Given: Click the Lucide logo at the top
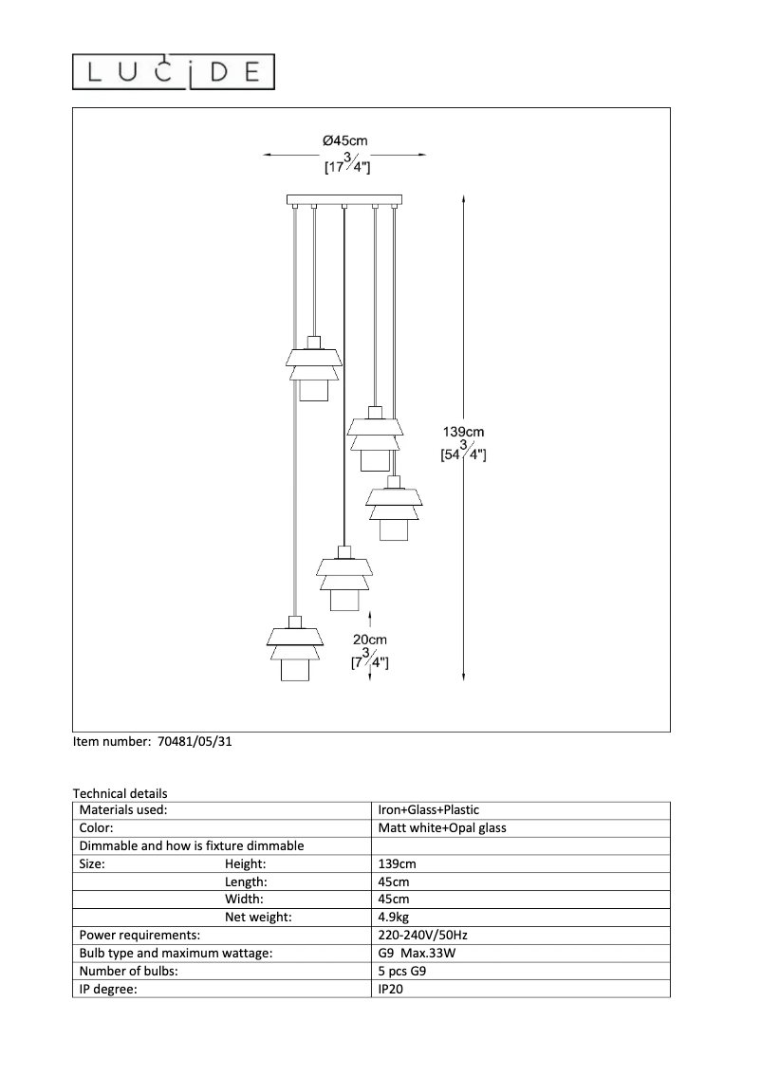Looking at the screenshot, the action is click(x=176, y=71).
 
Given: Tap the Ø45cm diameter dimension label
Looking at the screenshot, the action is click(x=344, y=140).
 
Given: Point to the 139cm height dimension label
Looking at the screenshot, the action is click(x=464, y=433).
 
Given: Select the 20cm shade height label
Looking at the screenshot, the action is click(x=370, y=640).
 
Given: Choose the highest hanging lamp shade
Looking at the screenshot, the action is click(x=314, y=367).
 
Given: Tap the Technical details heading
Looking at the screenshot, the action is click(x=120, y=793).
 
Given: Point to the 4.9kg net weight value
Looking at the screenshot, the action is click(x=394, y=918).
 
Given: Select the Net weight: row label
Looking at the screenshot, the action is click(x=258, y=918).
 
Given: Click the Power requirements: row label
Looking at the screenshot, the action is click(x=139, y=936).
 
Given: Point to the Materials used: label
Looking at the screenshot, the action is click(x=123, y=810).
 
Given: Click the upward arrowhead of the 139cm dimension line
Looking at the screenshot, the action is click(x=462, y=199).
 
